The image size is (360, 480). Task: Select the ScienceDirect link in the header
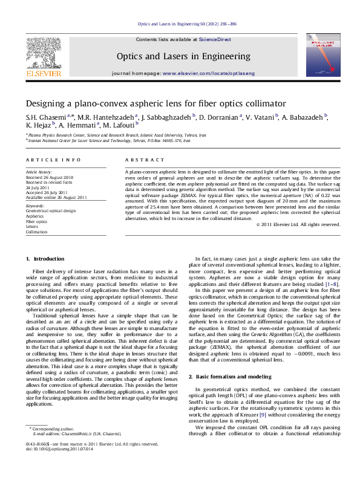pyautogui.click(x=215, y=39)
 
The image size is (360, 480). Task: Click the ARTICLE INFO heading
pyautogui.click(x=53, y=160)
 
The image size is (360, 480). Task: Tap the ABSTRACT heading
pyautogui.click(x=145, y=160)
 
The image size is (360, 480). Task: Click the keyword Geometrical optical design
pyautogui.click(x=50, y=210)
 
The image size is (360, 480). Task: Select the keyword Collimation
pyautogui.click(x=36, y=232)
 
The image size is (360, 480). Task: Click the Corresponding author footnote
pyautogui.click(x=52, y=445)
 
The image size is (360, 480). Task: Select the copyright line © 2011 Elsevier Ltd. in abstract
pyautogui.click(x=298, y=241)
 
